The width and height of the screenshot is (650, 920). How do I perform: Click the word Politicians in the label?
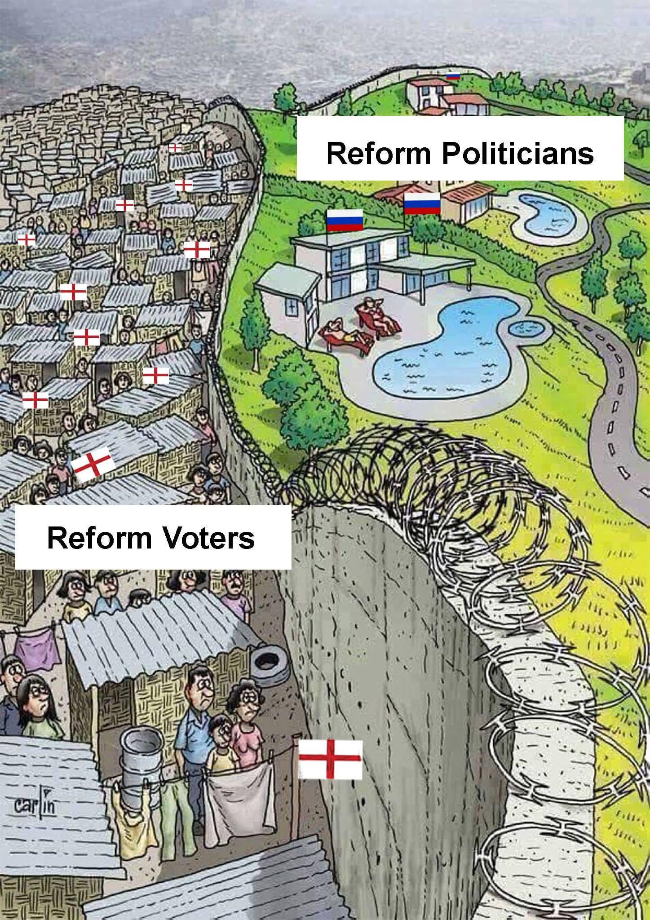517,153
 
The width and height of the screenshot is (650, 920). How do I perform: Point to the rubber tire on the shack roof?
268,664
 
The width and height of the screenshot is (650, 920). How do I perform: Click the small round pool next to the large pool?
530,330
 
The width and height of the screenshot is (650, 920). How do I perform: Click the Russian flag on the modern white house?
344,221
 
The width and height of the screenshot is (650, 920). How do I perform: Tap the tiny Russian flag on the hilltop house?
453,76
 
